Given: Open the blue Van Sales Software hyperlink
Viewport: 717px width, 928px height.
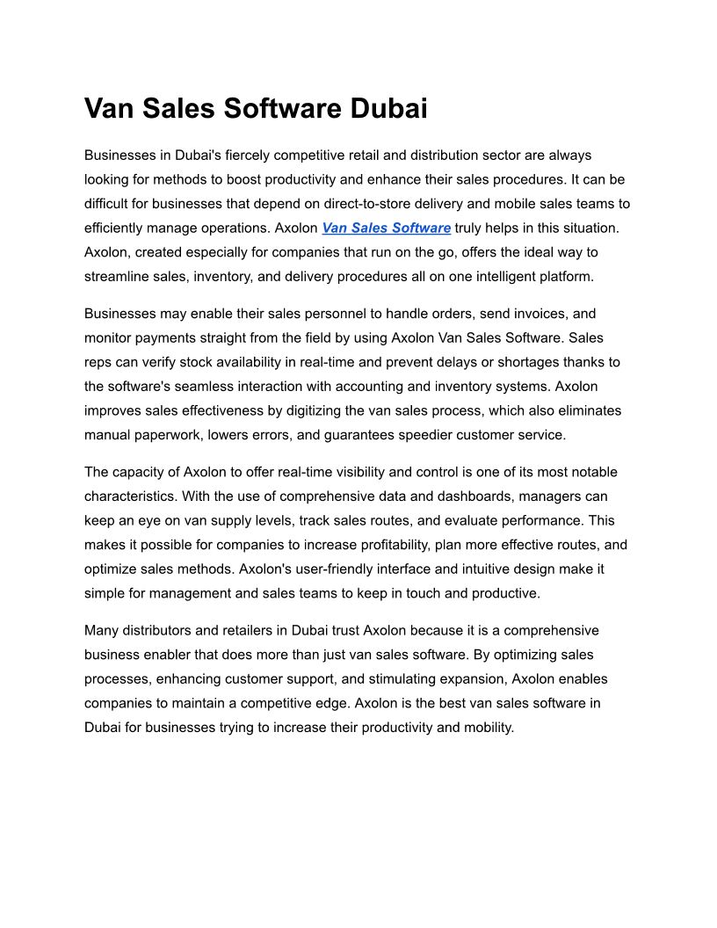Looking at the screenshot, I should pos(386,228).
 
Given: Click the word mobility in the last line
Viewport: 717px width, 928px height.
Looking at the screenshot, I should pos(487,728).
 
